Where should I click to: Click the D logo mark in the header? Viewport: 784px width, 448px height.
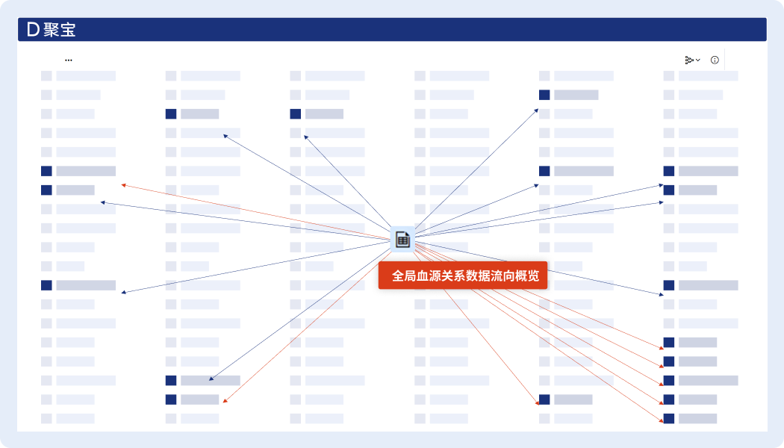[x=32, y=30]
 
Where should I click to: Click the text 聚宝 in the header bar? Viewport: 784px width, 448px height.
[x=60, y=30]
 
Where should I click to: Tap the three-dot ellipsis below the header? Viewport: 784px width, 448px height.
[x=69, y=60]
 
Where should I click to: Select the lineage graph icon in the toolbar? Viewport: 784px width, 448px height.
[x=689, y=60]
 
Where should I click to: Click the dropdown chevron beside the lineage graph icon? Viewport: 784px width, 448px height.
[x=698, y=60]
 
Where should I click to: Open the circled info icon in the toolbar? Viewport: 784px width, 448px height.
[x=715, y=60]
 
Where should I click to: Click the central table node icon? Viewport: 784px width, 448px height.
[x=402, y=239]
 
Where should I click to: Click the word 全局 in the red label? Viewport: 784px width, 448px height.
[x=404, y=276]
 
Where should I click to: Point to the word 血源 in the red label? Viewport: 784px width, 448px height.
[x=429, y=276]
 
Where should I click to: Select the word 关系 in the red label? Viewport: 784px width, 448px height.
[x=455, y=276]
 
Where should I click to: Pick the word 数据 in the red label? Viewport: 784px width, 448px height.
[x=480, y=276]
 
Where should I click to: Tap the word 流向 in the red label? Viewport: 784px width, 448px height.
[x=505, y=276]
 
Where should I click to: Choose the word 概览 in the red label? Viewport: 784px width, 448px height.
[x=531, y=276]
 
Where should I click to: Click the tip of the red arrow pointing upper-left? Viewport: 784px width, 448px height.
[x=122, y=184]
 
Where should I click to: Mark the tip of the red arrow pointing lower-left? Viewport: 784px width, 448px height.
[x=224, y=402]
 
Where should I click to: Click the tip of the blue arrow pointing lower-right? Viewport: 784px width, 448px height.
[x=662, y=296]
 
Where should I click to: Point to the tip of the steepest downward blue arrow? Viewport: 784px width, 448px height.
[x=210, y=381]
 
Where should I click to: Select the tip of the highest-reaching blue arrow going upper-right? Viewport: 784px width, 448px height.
[x=538, y=109]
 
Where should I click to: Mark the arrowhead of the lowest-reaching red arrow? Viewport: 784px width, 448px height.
[x=662, y=422]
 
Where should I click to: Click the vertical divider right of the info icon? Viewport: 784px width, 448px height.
[x=724, y=60]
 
